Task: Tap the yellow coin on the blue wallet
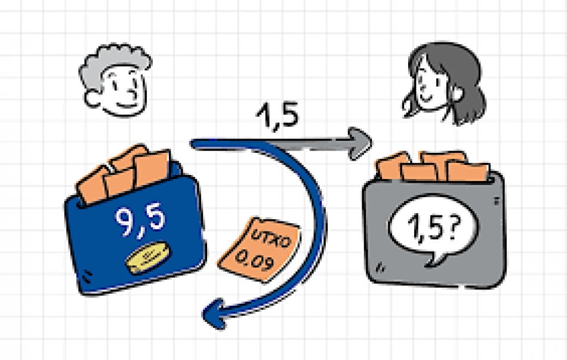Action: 148,257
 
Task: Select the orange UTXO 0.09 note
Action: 260,250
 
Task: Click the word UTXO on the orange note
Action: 271,238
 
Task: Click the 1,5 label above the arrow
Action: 278,115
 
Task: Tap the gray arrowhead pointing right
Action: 359,143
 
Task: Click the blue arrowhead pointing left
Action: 215,313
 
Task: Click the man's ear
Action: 92,99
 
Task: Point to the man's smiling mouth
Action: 127,105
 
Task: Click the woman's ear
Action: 457,93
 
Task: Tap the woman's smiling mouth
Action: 427,98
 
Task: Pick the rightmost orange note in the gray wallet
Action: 469,171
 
